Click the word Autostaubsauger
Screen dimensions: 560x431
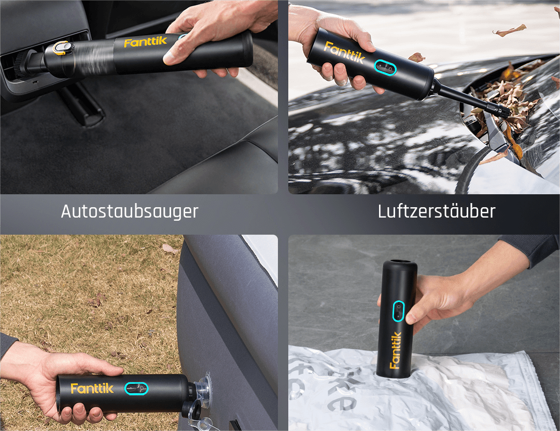pyautogui.click(x=129, y=211)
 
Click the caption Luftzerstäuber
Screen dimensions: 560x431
pyautogui.click(x=437, y=211)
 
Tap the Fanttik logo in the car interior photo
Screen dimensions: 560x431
pyautogui.click(x=145, y=42)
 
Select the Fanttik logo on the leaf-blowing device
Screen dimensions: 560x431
pyautogui.click(x=344, y=52)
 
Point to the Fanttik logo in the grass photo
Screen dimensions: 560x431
pyautogui.click(x=92, y=388)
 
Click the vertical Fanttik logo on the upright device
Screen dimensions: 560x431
pyautogui.click(x=395, y=350)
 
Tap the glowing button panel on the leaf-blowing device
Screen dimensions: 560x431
pyautogui.click(x=385, y=67)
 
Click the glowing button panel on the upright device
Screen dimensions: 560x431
pyautogui.click(x=399, y=311)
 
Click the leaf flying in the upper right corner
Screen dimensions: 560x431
pyautogui.click(x=509, y=31)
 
